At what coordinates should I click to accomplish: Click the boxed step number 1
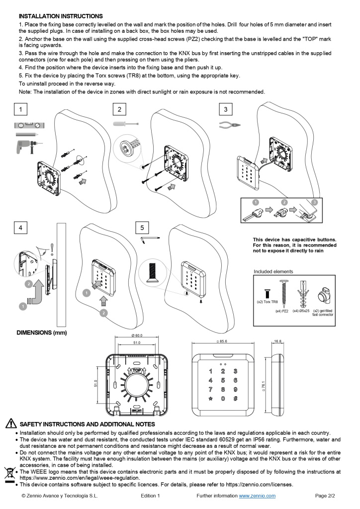click(x=20, y=109)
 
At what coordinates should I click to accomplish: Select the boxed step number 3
click(x=226, y=109)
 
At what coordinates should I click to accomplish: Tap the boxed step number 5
click(x=142, y=228)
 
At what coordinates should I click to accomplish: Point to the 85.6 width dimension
click(x=222, y=342)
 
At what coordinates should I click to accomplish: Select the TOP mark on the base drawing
click(x=137, y=370)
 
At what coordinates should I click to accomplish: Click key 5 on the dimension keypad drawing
click(x=223, y=380)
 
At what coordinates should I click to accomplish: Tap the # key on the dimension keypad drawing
click(x=235, y=398)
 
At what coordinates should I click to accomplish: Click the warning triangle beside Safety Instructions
click(x=10, y=424)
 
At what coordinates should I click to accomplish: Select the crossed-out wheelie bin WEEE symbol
click(x=8, y=472)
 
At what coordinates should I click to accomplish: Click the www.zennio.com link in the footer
click(x=257, y=496)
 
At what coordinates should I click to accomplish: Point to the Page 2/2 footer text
click(x=326, y=496)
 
